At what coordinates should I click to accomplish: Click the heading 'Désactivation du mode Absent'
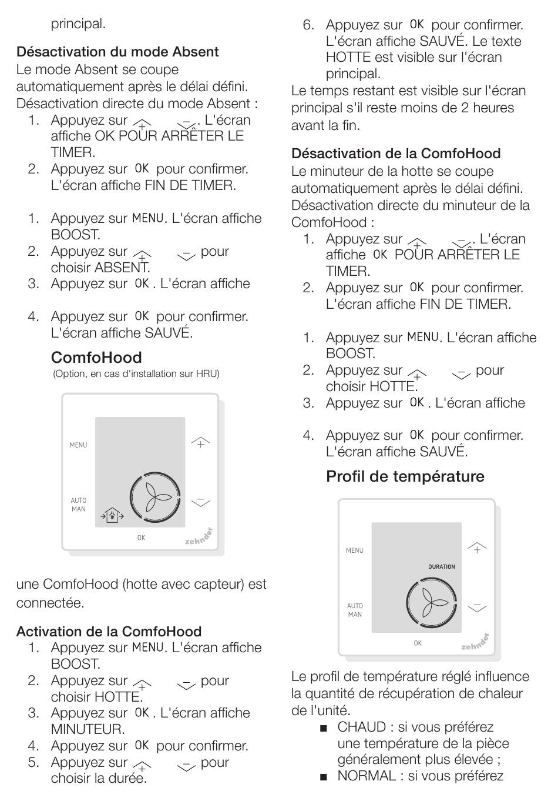(x=117, y=52)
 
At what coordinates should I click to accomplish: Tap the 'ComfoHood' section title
(x=96, y=358)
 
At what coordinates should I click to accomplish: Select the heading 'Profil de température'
(x=405, y=476)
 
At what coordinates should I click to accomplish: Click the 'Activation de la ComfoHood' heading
(x=109, y=632)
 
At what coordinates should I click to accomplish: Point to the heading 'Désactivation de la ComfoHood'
(x=396, y=153)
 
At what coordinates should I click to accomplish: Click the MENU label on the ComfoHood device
(x=78, y=445)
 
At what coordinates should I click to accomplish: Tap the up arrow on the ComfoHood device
(x=200, y=442)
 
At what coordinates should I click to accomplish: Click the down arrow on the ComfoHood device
(x=200, y=502)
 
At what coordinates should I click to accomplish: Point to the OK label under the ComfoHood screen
(x=141, y=538)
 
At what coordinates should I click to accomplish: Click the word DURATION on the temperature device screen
(x=441, y=567)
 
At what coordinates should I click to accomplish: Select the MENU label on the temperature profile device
(x=354, y=551)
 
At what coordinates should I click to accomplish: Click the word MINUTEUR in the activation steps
(x=88, y=729)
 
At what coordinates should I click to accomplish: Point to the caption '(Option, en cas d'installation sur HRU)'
(x=136, y=374)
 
